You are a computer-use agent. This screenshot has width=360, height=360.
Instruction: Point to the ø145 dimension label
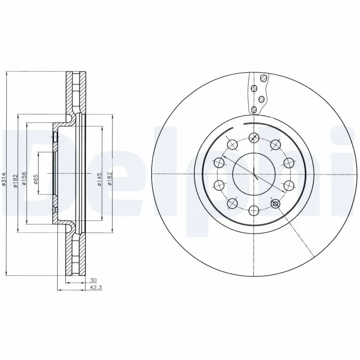click(x=98, y=179)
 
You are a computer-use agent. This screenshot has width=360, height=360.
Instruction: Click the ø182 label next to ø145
click(x=109, y=179)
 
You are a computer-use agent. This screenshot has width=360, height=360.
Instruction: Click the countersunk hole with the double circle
click(x=275, y=203)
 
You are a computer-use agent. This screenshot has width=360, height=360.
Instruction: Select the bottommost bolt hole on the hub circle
click(x=254, y=210)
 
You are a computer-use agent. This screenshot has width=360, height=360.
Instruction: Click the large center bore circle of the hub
click(x=254, y=174)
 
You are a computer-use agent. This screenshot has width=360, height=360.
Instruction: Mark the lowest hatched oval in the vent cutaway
click(x=254, y=109)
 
